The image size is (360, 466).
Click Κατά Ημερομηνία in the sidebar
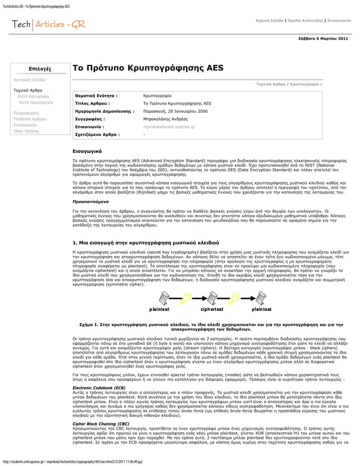37,103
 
